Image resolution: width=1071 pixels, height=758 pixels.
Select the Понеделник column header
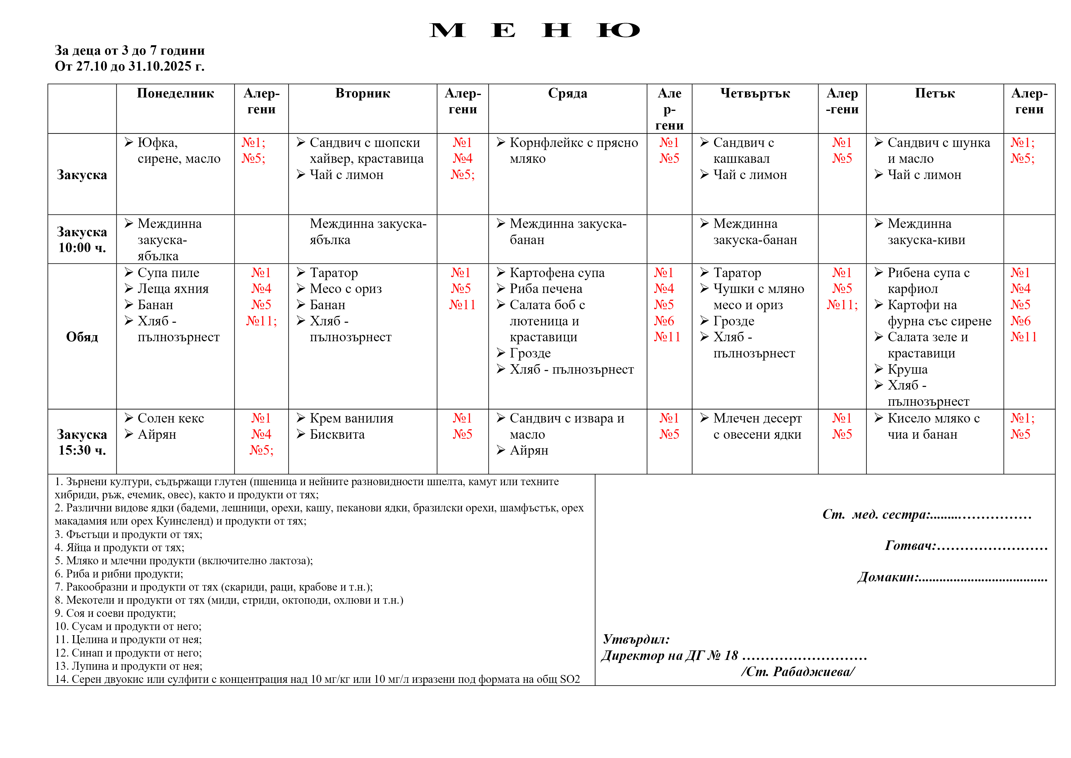175,93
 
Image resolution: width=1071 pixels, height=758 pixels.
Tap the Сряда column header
567,93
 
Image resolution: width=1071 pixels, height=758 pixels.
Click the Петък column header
935,93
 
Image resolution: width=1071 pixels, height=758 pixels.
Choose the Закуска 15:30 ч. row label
82,442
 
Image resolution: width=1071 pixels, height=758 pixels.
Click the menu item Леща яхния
173,289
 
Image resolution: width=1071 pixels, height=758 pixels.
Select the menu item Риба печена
546,289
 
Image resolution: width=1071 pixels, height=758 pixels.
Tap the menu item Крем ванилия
351,418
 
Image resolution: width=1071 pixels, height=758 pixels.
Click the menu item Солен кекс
171,418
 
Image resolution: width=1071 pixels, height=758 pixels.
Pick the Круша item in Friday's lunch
907,369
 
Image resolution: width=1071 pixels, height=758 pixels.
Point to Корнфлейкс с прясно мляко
573,150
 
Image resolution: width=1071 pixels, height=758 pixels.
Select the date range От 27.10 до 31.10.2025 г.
130,66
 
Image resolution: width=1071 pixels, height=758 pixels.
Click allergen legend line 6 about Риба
119,574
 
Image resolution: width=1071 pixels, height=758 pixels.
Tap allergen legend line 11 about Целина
128,639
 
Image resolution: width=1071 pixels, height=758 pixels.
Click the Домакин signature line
952,577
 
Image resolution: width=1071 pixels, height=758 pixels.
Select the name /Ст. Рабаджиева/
798,672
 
